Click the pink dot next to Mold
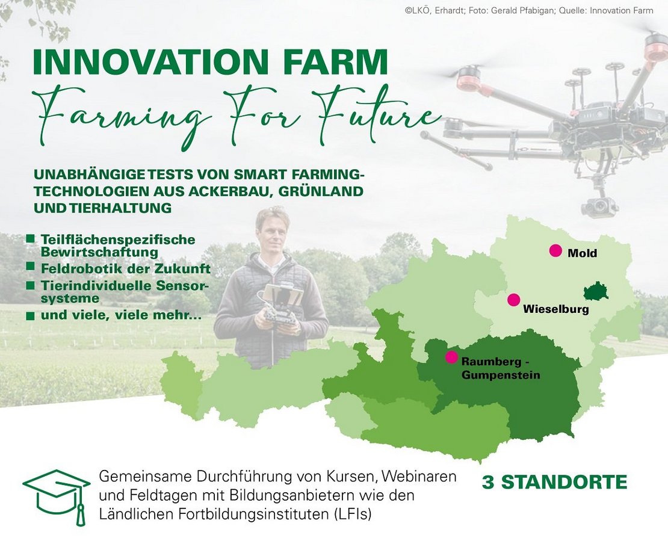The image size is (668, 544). click(555, 251)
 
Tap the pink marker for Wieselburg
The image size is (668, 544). click(513, 300)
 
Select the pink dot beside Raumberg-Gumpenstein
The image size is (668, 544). click(451, 357)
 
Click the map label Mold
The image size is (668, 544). click(582, 253)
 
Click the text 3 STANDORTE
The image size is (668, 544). click(554, 482)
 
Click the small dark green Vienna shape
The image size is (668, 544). click(596, 292)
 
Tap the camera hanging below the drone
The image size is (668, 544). click(599, 206)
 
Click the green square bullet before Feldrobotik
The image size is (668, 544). click(30, 266)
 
